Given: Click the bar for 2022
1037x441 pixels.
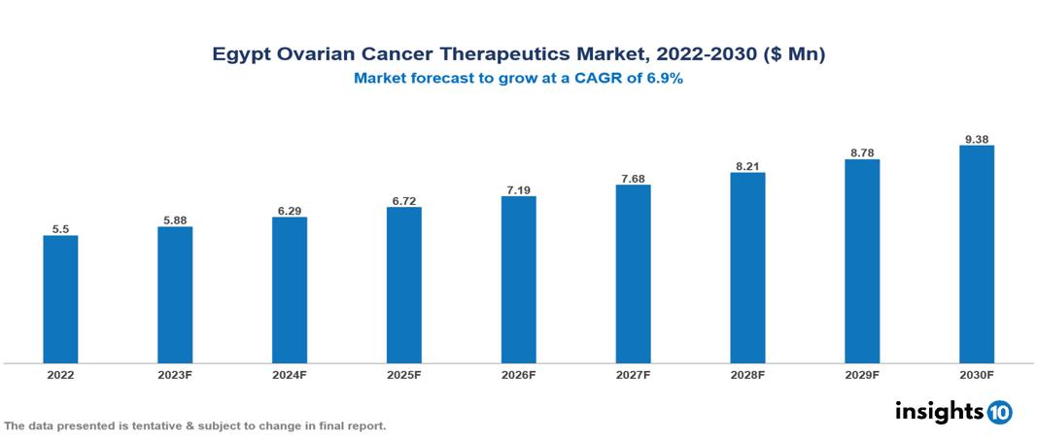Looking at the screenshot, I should pyautogui.click(x=60, y=299).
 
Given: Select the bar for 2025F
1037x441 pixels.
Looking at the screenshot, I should pyautogui.click(x=403, y=285).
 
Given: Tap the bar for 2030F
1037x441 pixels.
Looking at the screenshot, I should pyautogui.click(x=976, y=254).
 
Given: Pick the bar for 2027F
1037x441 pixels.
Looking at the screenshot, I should pyautogui.click(x=633, y=274).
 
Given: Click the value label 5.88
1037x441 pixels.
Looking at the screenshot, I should pyautogui.click(x=175, y=220).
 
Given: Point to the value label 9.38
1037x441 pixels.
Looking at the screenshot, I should pyautogui.click(x=976, y=138).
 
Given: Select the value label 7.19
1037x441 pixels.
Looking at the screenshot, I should pyautogui.click(x=518, y=188).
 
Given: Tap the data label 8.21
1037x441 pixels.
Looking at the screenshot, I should pyautogui.click(x=747, y=165).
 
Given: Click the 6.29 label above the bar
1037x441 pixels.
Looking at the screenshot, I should pyautogui.click(x=290, y=209).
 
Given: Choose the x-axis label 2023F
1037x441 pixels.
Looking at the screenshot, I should pyautogui.click(x=175, y=374).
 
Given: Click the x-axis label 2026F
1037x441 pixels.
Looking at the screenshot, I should pyautogui.click(x=518, y=374).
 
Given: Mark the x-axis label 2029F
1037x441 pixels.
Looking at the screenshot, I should pyautogui.click(x=862, y=374).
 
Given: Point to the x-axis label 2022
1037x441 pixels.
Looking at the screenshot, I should pyautogui.click(x=60, y=374).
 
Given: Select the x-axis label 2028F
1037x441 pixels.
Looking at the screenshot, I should pyautogui.click(x=747, y=374).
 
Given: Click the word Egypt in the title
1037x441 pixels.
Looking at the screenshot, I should pyautogui.click(x=239, y=55).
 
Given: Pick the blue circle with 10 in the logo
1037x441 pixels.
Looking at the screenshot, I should pyautogui.click(x=999, y=413).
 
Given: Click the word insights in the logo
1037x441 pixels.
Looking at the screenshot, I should pyautogui.click(x=939, y=412).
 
